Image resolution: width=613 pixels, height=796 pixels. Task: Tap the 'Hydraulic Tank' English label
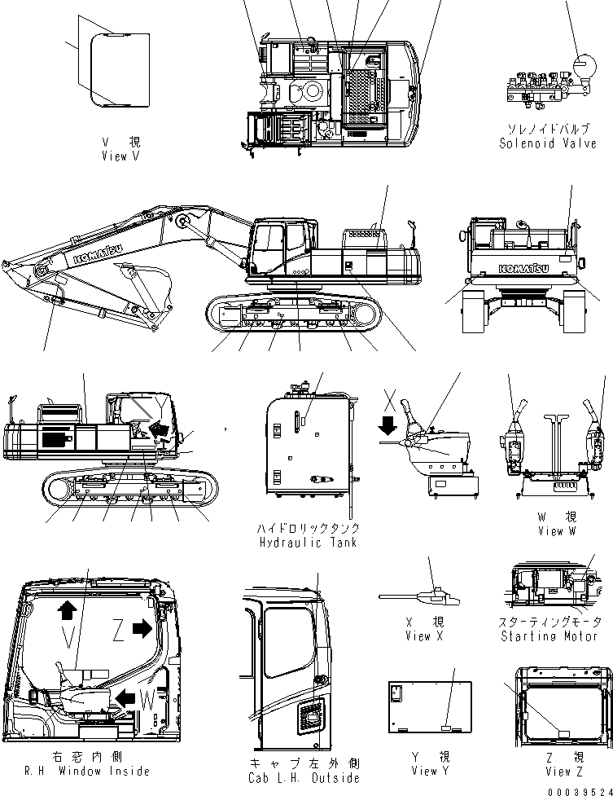[x=307, y=542]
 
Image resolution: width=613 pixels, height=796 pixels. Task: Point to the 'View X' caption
[x=418, y=636]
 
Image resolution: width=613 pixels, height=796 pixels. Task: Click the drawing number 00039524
[x=580, y=790]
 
